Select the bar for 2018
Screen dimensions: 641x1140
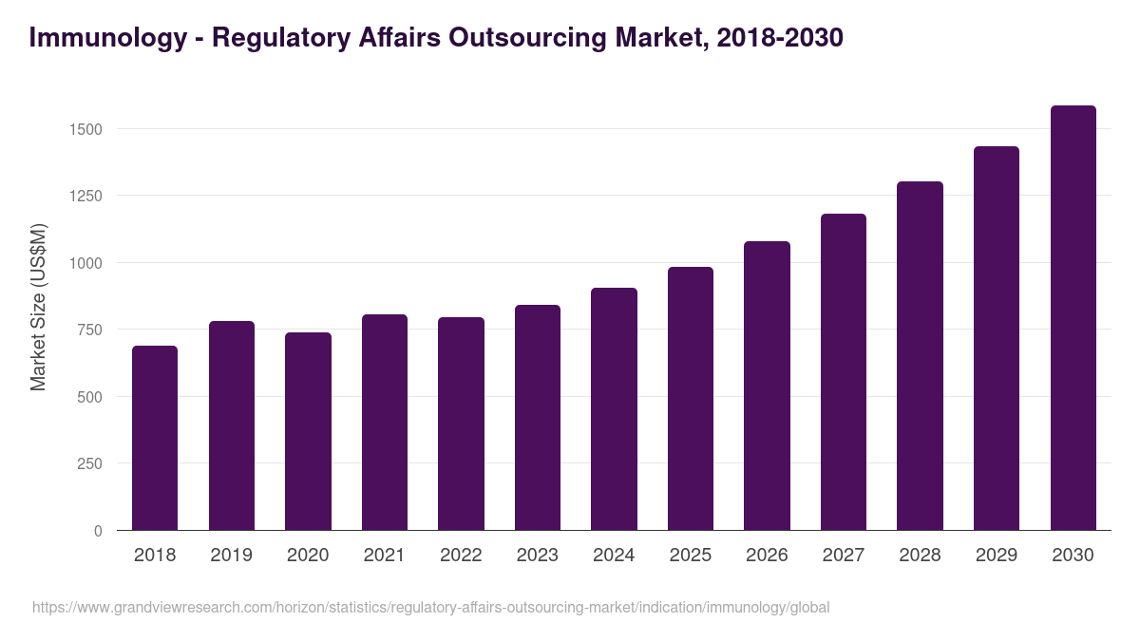pos(155,438)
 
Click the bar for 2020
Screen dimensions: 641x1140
pos(308,431)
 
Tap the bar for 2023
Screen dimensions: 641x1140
pos(538,418)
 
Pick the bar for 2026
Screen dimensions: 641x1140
pos(767,386)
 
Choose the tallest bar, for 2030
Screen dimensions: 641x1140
pos(1073,318)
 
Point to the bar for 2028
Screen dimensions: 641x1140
pos(920,356)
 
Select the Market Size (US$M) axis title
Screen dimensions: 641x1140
pos(38,306)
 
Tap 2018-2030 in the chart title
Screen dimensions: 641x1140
pos(773,38)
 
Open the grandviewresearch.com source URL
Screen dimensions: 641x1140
pos(430,607)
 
